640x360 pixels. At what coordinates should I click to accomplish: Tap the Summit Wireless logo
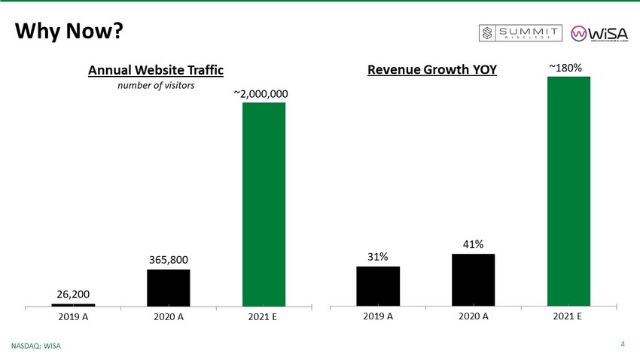(x=521, y=33)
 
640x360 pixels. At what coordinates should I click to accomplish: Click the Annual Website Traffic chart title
(x=156, y=70)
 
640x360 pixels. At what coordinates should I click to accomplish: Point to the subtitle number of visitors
(x=155, y=85)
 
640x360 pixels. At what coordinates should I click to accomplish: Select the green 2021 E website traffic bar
(x=264, y=203)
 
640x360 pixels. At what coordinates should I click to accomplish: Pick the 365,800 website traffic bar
(x=168, y=287)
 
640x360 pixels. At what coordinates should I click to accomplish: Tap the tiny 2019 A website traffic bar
(x=73, y=304)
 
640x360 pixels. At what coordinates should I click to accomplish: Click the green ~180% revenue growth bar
(x=568, y=191)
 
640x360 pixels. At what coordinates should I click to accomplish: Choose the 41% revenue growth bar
(x=473, y=279)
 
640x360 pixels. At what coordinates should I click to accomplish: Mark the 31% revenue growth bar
(x=378, y=285)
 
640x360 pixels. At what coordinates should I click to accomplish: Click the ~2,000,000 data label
(x=264, y=94)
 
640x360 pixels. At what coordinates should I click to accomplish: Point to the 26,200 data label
(x=73, y=294)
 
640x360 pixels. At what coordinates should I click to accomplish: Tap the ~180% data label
(x=565, y=69)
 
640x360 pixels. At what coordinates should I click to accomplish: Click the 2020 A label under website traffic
(x=168, y=317)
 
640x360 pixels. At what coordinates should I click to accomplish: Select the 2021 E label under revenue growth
(x=568, y=316)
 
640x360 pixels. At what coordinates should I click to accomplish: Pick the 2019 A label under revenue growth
(x=378, y=316)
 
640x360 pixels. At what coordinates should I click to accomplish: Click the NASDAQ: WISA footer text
(x=35, y=346)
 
